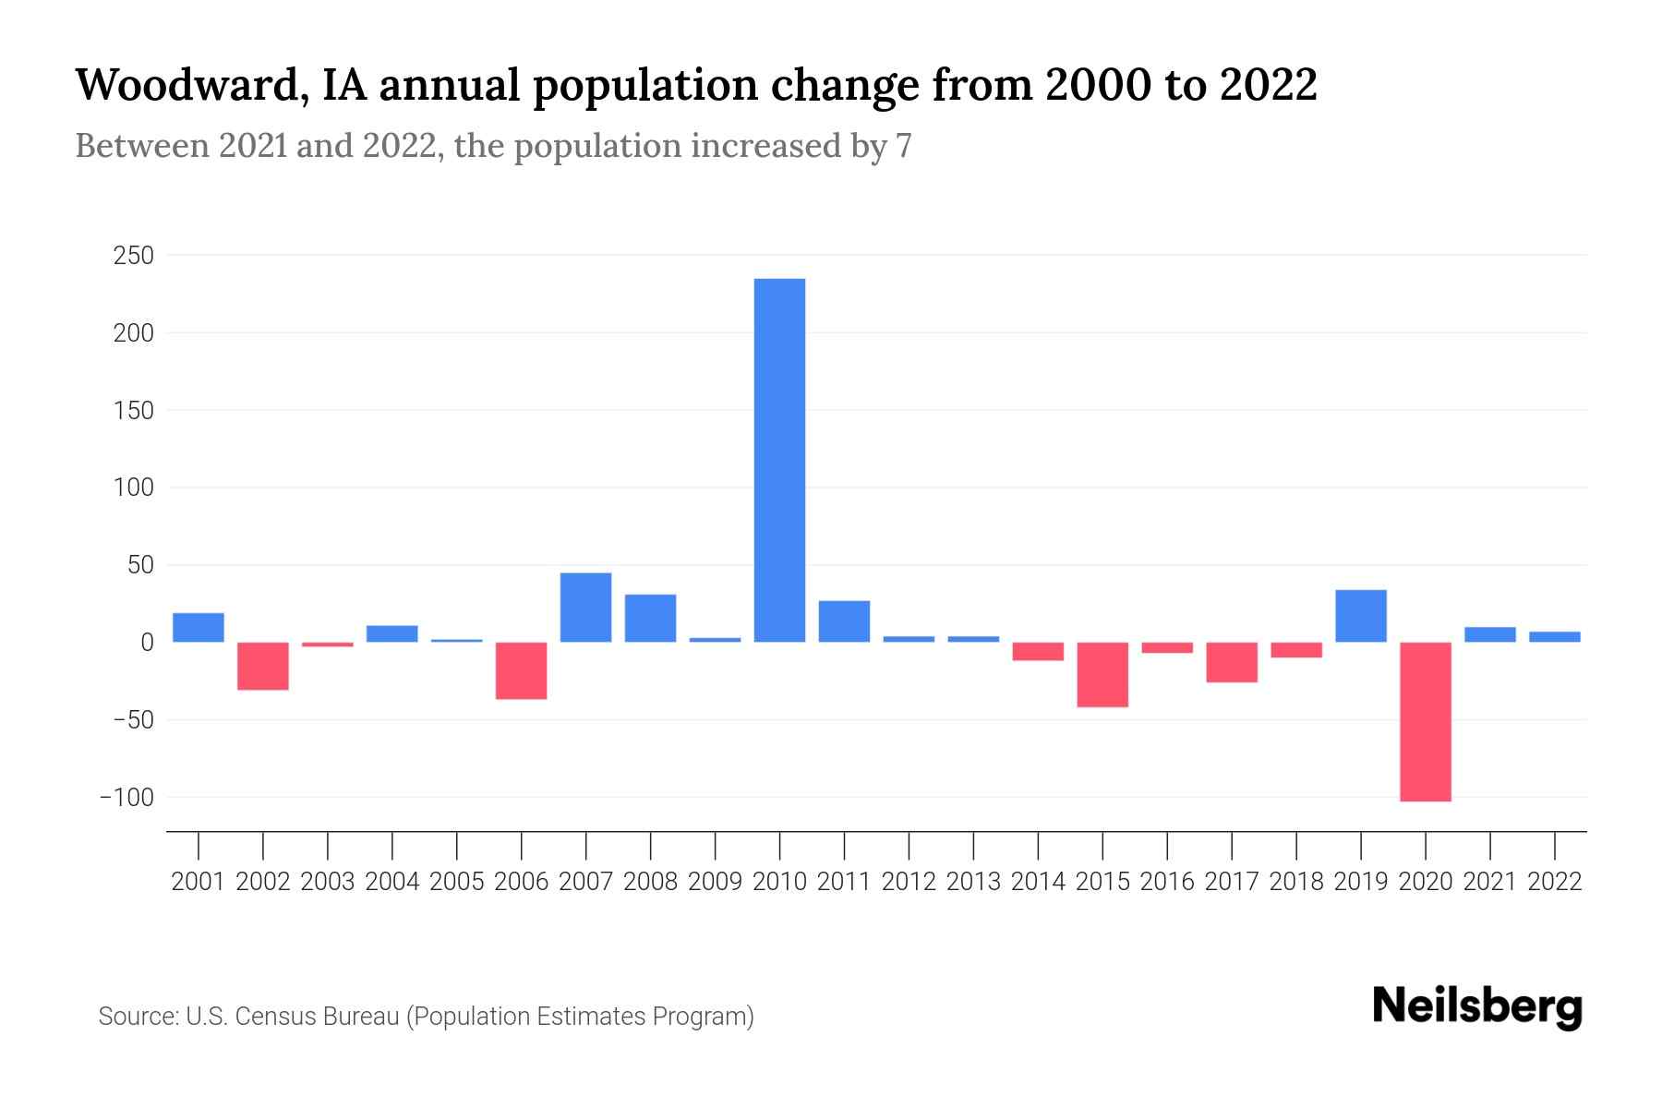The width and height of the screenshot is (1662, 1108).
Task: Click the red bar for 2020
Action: point(1425,721)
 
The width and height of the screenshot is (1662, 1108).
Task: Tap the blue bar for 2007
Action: point(585,608)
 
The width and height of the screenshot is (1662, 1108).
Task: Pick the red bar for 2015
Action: point(1102,674)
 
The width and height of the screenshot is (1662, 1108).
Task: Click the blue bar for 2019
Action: point(1360,616)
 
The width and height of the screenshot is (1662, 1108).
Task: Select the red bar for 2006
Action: point(522,670)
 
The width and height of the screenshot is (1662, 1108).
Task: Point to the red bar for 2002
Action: point(263,666)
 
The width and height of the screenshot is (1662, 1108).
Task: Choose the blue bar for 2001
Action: point(199,627)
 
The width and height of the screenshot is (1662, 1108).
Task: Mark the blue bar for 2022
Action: point(1554,636)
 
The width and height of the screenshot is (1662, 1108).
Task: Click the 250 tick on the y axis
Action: point(133,256)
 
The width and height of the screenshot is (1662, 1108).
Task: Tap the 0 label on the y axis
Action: point(146,643)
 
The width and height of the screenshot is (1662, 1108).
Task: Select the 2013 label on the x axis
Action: point(973,882)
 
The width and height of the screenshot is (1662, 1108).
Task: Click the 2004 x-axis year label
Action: point(392,882)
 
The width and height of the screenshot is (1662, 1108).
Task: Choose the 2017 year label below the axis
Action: point(1232,882)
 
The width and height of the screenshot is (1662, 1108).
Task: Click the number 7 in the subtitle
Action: point(903,147)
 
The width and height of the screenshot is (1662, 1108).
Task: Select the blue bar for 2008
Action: point(650,618)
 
